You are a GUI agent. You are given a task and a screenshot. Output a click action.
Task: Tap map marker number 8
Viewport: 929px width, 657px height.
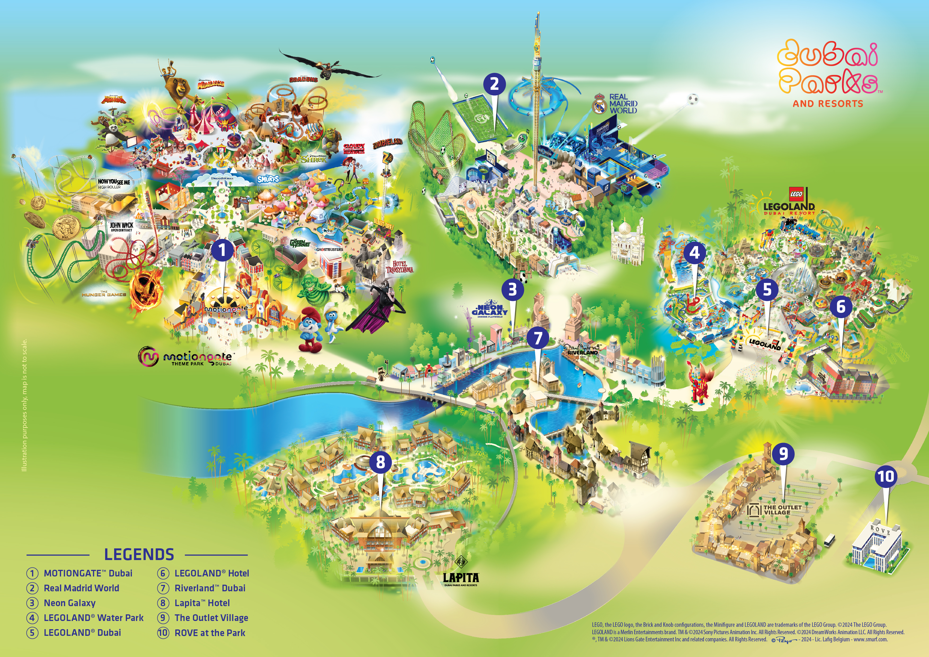(380, 461)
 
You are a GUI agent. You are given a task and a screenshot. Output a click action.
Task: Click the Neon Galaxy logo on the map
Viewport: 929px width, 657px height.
(490, 310)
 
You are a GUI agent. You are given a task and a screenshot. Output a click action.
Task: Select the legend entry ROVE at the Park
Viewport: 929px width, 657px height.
(209, 633)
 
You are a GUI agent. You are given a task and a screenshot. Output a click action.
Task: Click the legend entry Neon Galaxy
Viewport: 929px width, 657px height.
(70, 603)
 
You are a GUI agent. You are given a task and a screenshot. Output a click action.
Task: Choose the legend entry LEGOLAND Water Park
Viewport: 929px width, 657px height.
(93, 618)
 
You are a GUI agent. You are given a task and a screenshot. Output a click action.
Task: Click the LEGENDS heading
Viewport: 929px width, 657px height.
(139, 554)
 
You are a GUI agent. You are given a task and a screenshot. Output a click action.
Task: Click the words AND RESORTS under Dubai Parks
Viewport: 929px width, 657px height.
(828, 104)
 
